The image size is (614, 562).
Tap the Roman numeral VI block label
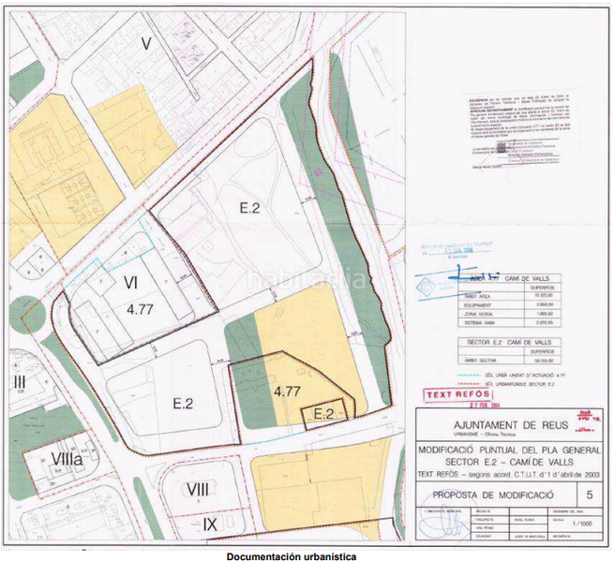tap(131, 281)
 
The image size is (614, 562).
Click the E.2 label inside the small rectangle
tap(323, 412)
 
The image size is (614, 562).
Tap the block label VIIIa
tap(67, 459)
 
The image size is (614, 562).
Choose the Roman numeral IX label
tap(213, 525)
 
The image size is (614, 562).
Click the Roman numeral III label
tap(19, 381)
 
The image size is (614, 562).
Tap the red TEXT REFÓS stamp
tap(454, 395)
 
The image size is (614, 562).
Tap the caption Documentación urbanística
tap(291, 556)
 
